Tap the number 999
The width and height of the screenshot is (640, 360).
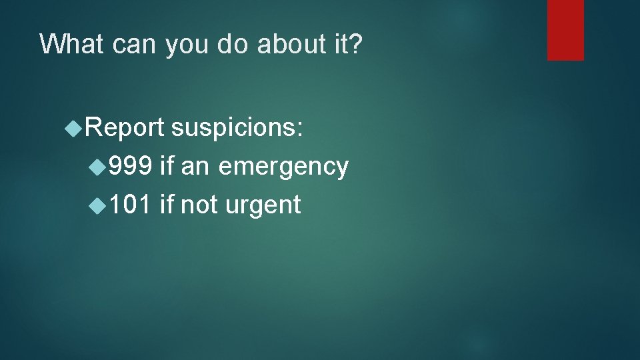tap(131, 166)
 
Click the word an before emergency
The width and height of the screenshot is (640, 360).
tap(195, 167)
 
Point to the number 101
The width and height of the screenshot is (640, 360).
tap(131, 205)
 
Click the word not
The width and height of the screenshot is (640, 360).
tap(201, 205)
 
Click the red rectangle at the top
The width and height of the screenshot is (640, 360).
tap(565, 30)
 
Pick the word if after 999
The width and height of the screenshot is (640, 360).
tap(167, 166)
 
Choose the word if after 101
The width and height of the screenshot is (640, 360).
tap(167, 205)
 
